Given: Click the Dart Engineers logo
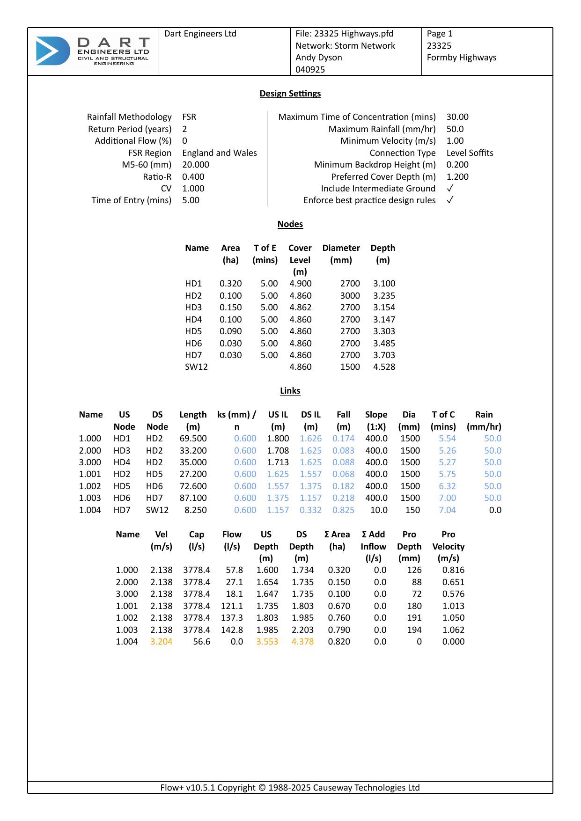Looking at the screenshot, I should (x=93, y=51).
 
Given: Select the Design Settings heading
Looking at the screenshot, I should (x=290, y=94).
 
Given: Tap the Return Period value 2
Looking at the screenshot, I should (x=185, y=129).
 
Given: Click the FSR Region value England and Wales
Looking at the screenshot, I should (x=220, y=153).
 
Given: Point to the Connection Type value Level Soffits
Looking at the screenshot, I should (x=470, y=153).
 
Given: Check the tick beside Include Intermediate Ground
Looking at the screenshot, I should (x=450, y=189).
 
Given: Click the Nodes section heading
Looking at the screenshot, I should (x=290, y=224).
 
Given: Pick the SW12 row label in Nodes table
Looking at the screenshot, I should (x=196, y=367).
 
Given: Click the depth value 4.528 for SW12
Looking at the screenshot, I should (x=384, y=367).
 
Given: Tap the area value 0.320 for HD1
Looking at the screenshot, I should (x=230, y=284).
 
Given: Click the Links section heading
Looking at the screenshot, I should (x=290, y=391).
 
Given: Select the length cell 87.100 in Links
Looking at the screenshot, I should (x=193, y=498).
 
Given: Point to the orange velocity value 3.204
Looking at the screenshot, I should (x=161, y=642).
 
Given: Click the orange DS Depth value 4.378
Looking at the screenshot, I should (x=302, y=642).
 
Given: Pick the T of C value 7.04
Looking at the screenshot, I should (x=447, y=510).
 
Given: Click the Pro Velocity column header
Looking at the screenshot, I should (x=449, y=546).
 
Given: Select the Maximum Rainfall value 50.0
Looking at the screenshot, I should (x=455, y=129).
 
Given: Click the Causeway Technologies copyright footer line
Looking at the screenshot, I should (x=290, y=788).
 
